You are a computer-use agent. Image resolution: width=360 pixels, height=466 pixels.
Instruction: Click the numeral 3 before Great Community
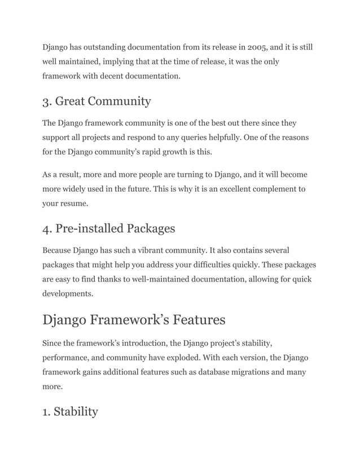click(x=46, y=102)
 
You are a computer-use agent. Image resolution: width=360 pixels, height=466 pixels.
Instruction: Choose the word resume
click(x=73, y=203)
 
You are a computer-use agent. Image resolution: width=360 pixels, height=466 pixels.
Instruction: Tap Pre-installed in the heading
click(x=90, y=228)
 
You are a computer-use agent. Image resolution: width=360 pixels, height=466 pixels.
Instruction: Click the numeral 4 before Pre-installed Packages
click(x=46, y=229)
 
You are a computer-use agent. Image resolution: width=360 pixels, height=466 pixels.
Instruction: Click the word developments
click(x=67, y=293)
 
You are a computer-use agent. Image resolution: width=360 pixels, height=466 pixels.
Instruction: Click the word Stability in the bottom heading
click(x=76, y=412)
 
